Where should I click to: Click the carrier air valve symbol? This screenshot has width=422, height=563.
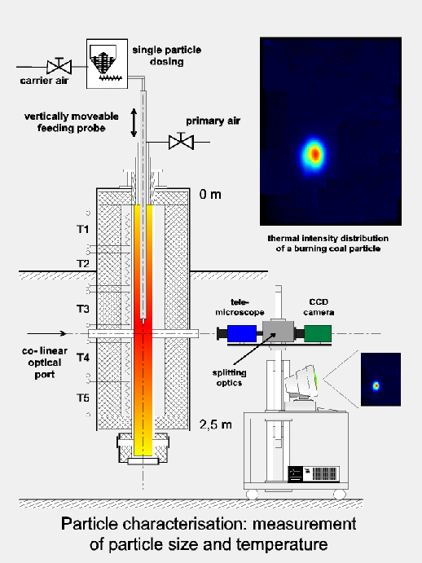59,67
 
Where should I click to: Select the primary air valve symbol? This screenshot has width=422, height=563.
182,142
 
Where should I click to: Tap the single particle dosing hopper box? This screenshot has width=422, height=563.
107,64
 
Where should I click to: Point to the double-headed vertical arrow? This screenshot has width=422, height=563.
134,123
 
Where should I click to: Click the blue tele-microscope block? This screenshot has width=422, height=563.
242,333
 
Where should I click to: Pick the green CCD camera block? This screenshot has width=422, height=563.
318,333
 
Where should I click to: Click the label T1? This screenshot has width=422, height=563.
83,229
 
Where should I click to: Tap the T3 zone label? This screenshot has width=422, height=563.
83,309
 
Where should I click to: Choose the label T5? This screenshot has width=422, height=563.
83,398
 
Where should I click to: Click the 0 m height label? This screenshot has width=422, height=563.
210,195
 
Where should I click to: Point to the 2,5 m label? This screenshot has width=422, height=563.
216,424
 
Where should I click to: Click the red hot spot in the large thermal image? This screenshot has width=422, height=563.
315,154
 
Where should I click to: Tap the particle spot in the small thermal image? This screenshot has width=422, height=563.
376,385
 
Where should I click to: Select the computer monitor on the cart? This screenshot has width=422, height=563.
301,383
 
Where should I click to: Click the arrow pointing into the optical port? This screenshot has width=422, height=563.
46,333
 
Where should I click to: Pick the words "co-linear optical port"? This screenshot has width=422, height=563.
45,363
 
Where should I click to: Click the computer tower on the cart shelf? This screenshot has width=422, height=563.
314,474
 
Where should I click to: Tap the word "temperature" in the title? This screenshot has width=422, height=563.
282,545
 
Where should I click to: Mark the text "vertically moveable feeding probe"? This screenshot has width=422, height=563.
72,122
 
